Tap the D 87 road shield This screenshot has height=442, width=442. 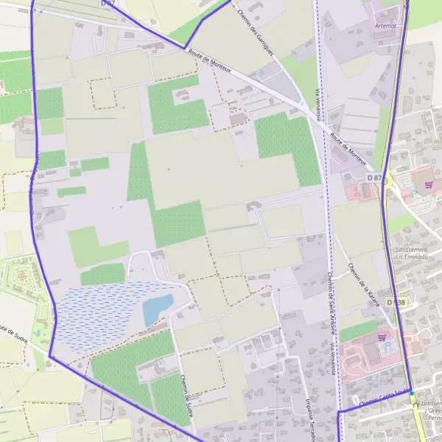[375, 178]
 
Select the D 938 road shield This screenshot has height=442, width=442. [397, 303]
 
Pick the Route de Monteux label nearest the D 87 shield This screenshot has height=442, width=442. [348, 150]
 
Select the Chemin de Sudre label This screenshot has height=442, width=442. [186, 394]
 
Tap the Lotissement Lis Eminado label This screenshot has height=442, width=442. [413, 253]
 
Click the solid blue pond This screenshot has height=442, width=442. [157, 309]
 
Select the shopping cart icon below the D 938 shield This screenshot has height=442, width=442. [382, 338]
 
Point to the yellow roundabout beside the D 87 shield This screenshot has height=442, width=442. [387, 180]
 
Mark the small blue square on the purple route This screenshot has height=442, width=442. [412, 393]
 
